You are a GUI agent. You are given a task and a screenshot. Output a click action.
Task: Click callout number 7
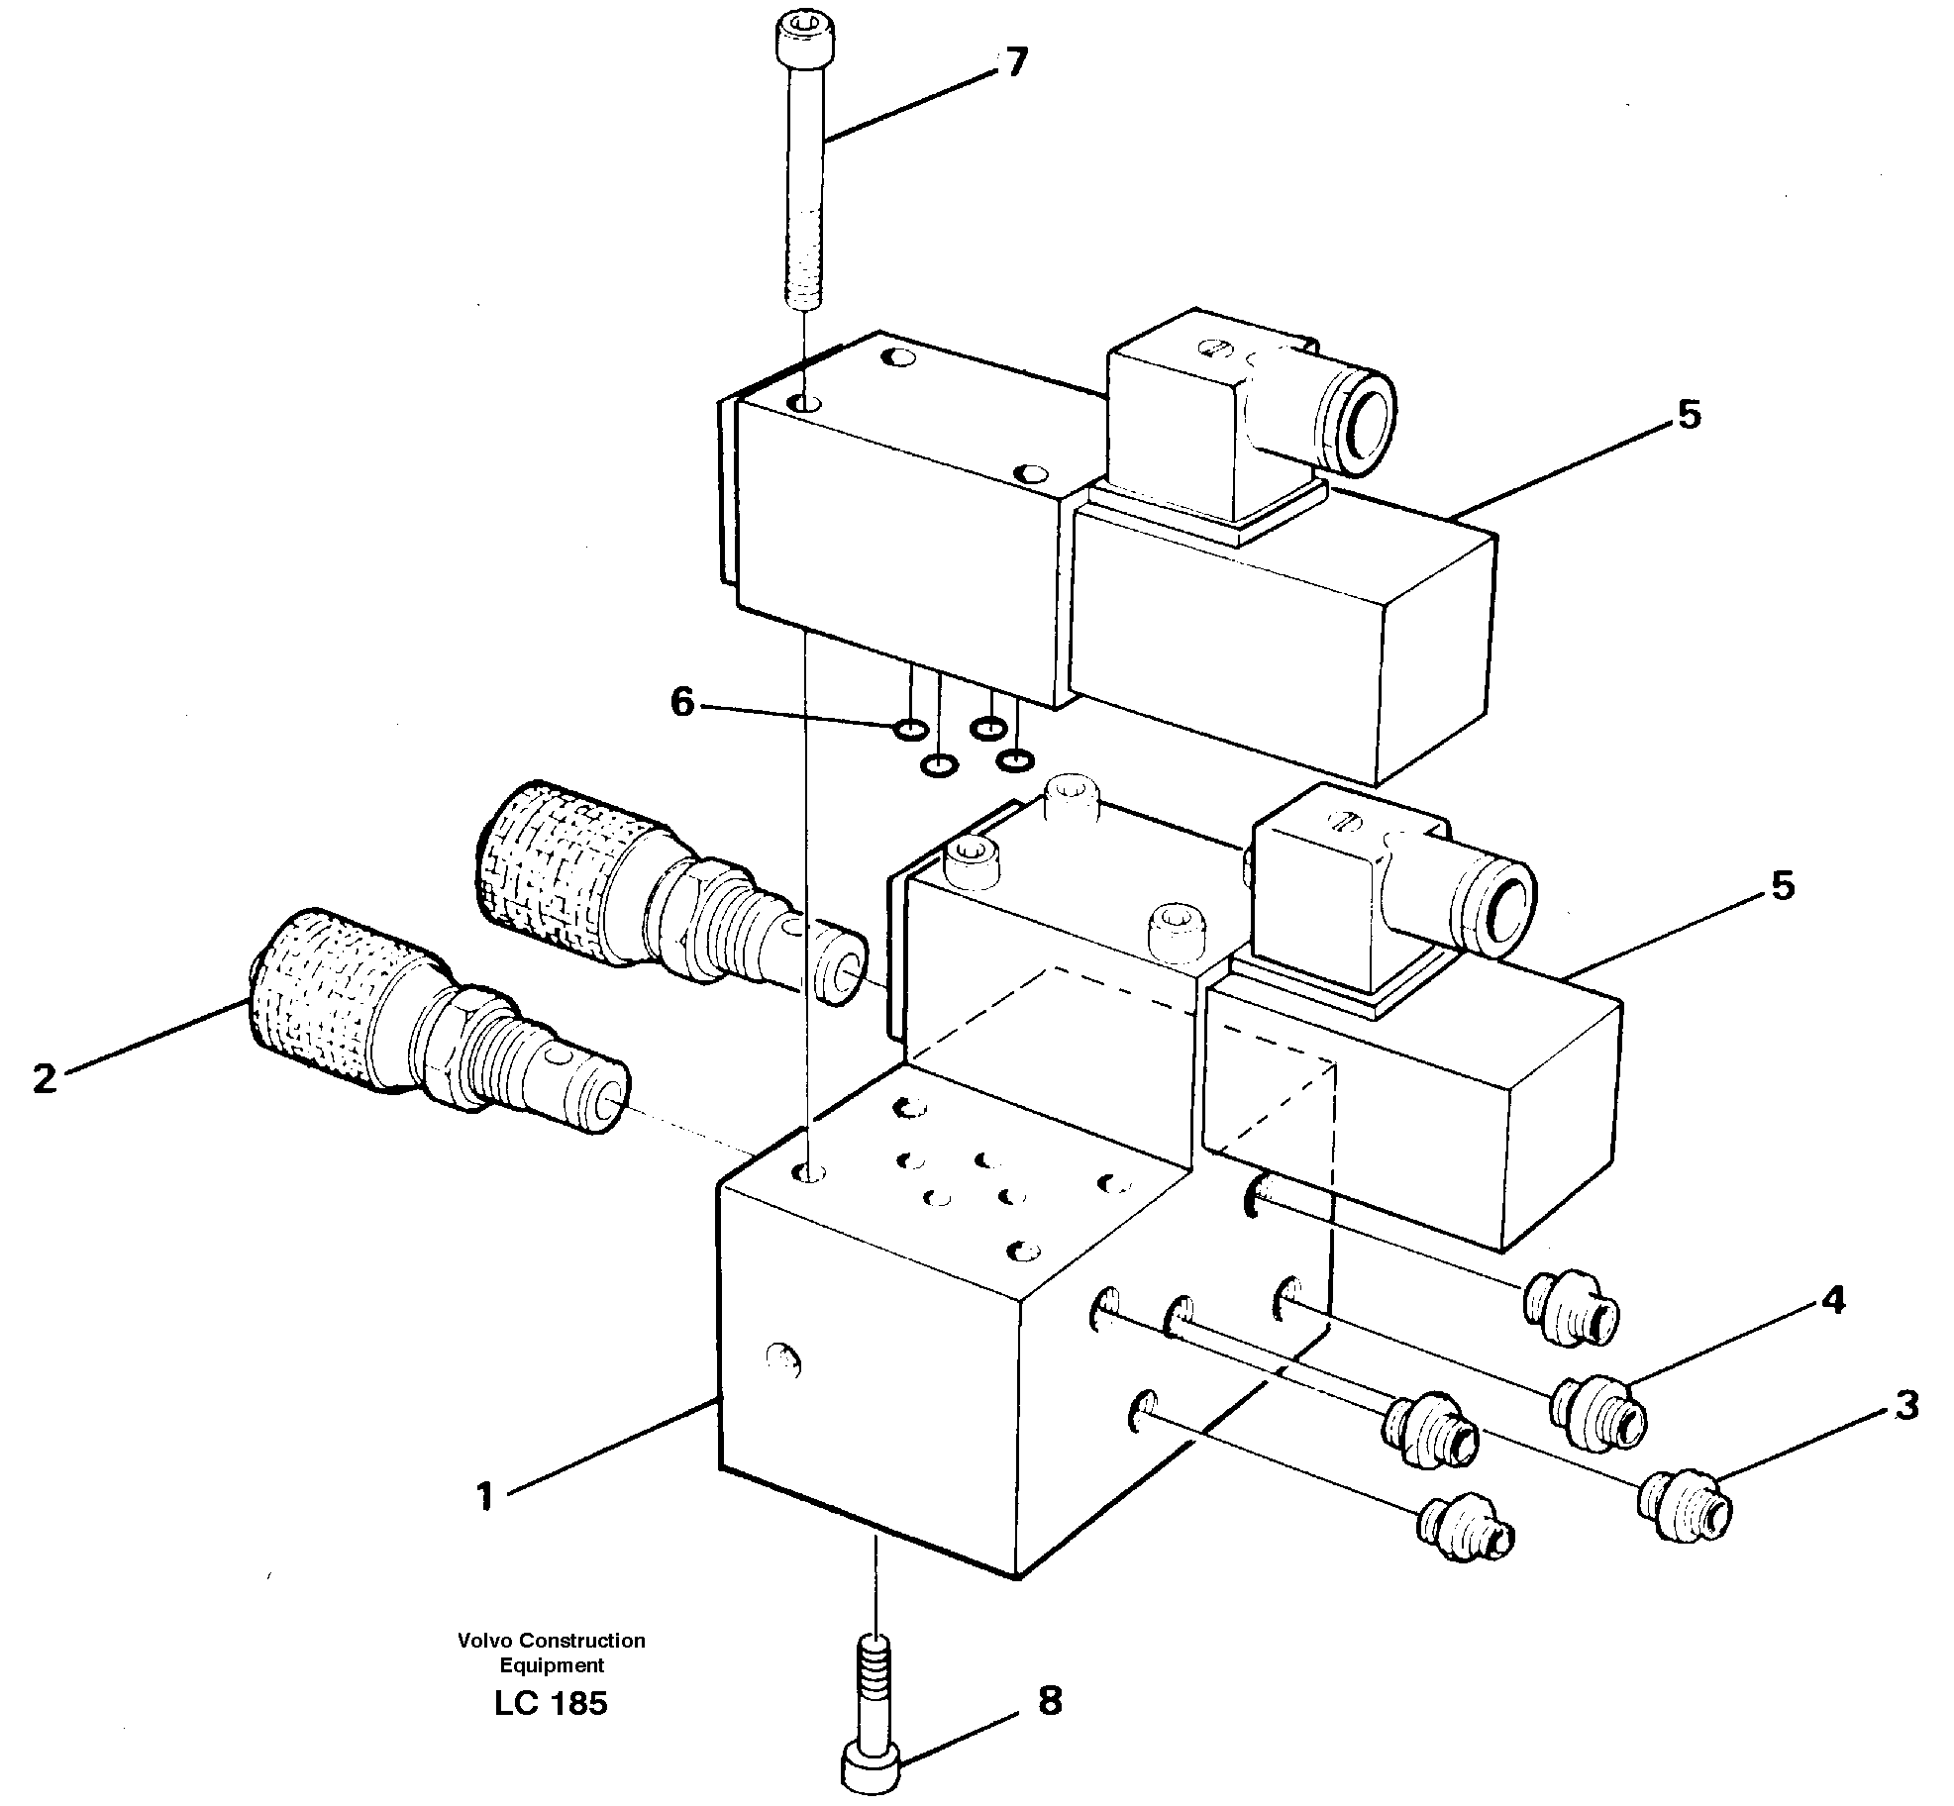click(x=1016, y=62)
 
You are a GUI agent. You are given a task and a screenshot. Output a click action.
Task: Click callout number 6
click(x=682, y=702)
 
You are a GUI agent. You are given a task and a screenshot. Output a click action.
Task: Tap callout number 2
click(x=44, y=1078)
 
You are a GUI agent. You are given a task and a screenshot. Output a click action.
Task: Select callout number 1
click(x=484, y=1496)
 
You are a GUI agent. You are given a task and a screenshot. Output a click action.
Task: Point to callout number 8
click(x=1050, y=1701)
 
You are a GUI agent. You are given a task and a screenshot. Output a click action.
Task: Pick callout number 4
click(x=1834, y=1300)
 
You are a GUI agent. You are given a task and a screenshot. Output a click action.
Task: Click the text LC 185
click(x=551, y=1703)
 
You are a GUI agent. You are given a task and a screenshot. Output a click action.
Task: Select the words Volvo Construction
click(x=551, y=1641)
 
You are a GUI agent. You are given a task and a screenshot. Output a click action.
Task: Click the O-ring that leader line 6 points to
click(x=910, y=731)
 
